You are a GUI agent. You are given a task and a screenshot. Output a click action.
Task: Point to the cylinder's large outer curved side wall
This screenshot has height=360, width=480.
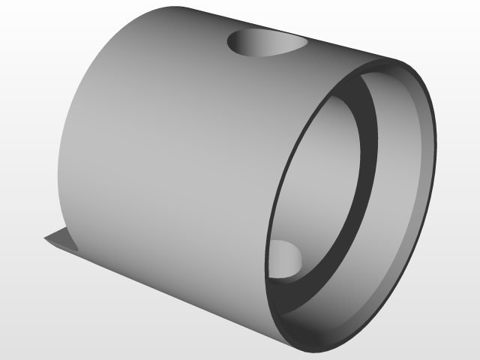point(165,150)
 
